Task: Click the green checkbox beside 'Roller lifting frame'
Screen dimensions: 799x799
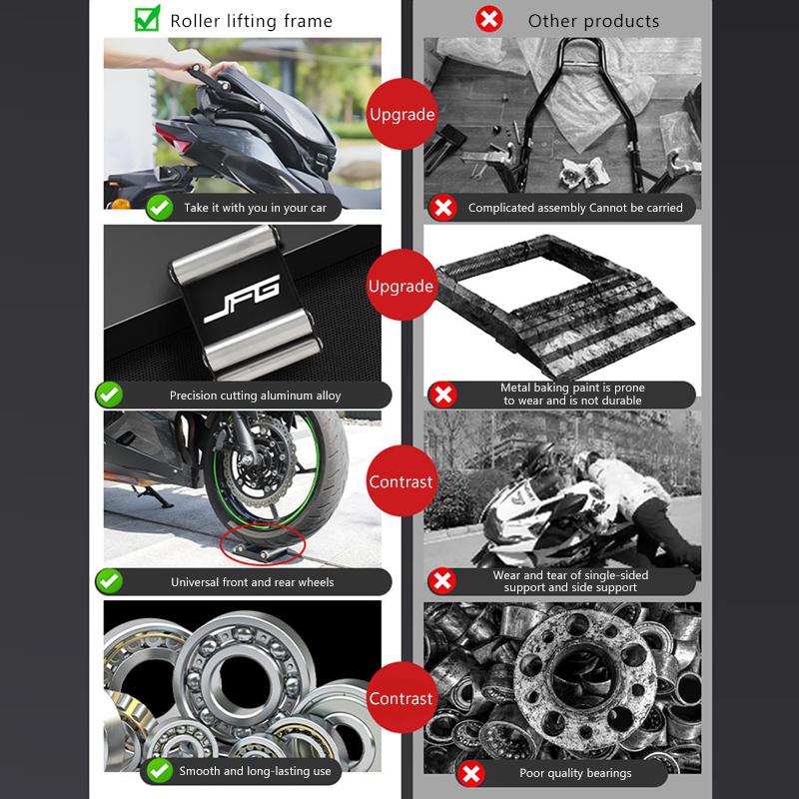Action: coord(147,19)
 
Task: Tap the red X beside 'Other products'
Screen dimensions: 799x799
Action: coord(489,19)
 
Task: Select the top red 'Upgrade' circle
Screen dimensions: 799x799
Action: coord(401,114)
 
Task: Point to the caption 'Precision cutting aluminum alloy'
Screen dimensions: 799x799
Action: coord(256,396)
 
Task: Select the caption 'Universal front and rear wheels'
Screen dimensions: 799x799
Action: coord(253,581)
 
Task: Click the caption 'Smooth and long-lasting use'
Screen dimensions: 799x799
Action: coord(255,771)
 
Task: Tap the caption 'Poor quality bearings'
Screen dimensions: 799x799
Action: coord(575,773)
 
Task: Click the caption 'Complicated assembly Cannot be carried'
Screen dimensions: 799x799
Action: coord(575,208)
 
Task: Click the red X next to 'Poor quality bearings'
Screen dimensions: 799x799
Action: coord(471,773)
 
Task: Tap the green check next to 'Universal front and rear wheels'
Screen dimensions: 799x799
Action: coord(109,581)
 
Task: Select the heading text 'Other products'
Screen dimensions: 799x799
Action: coord(593,20)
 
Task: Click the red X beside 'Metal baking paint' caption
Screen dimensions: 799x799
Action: coord(442,395)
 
